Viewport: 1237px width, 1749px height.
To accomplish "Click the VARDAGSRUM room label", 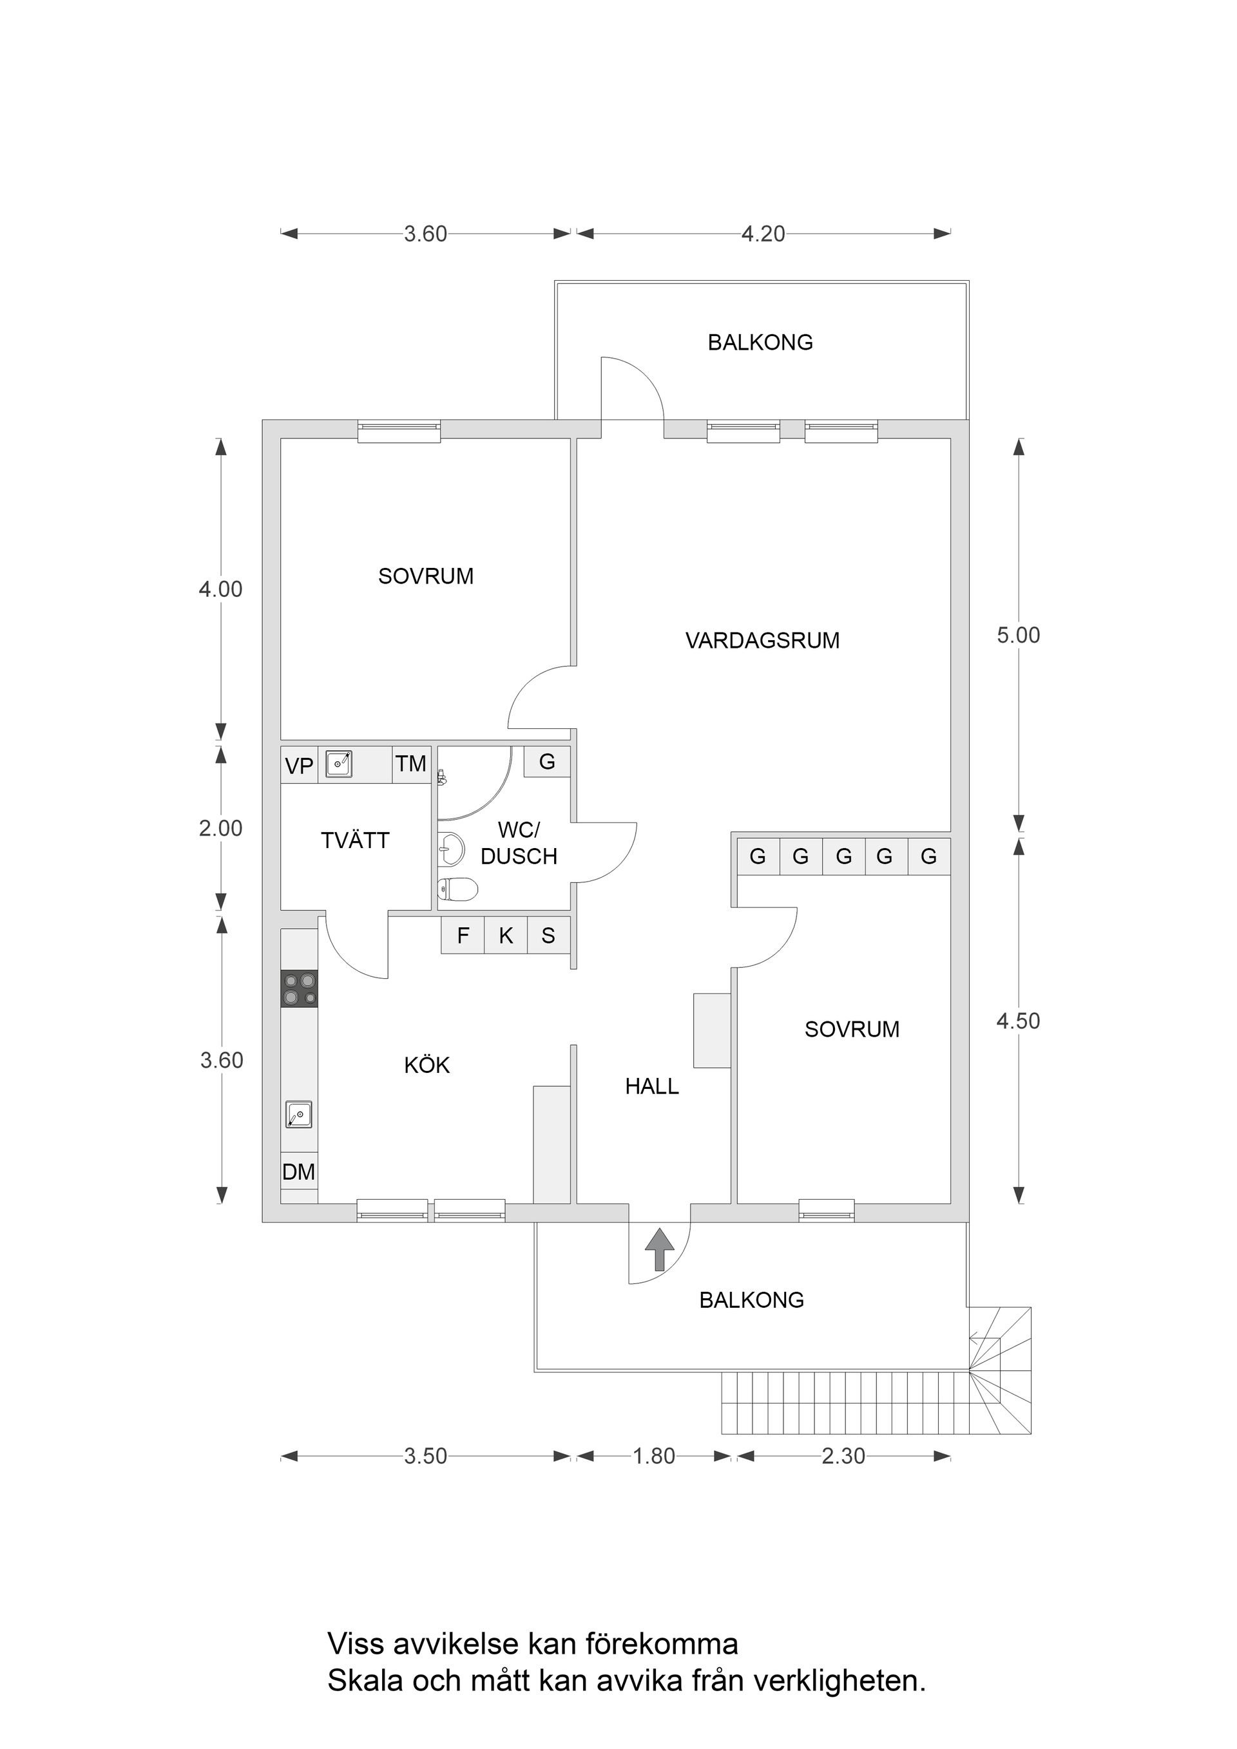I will tap(762, 641).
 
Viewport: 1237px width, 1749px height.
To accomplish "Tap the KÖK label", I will tap(427, 1065).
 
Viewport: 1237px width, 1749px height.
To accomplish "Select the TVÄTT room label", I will tap(355, 841).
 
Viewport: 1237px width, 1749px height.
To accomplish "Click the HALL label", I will tap(651, 1087).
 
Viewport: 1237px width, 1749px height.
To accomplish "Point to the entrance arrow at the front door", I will tap(659, 1249).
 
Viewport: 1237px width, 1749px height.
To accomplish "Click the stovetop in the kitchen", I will tap(299, 990).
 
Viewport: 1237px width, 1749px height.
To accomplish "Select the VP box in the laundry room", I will tap(299, 766).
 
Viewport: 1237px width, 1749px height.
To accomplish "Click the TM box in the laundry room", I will tap(411, 764).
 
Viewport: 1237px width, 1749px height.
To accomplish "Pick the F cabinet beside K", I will tap(463, 936).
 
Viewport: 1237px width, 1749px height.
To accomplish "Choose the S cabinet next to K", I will tap(548, 936).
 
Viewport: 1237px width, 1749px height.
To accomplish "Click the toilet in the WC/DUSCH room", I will tap(458, 888).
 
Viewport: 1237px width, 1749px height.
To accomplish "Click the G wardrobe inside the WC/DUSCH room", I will tap(546, 762).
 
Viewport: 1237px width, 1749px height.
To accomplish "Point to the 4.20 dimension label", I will tap(763, 234).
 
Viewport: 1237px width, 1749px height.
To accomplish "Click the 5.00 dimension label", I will tap(1018, 636).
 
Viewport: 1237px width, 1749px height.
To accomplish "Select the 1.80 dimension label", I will tap(654, 1457).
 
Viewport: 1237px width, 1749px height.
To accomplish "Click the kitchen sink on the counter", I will tap(299, 1115).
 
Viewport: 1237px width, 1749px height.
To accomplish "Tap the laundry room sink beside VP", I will tap(338, 763).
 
